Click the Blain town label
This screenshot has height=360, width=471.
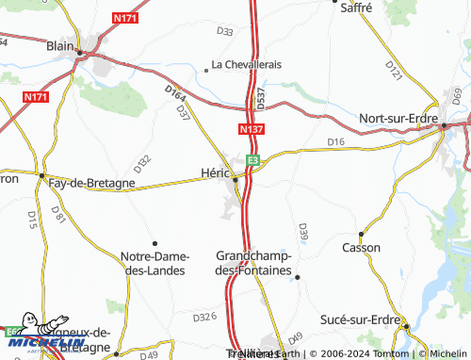[60, 43]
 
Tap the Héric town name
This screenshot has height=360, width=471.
[216, 172]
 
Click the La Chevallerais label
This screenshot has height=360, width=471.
[247, 65]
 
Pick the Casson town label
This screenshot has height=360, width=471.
[362, 247]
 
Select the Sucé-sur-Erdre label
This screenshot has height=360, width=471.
[358, 319]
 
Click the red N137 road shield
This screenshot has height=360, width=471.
[251, 129]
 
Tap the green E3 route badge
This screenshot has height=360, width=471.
[252, 160]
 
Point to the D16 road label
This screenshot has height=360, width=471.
[336, 141]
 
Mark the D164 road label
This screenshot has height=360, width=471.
[174, 94]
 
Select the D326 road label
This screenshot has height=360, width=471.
[204, 318]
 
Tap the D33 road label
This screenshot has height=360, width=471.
[224, 31]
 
